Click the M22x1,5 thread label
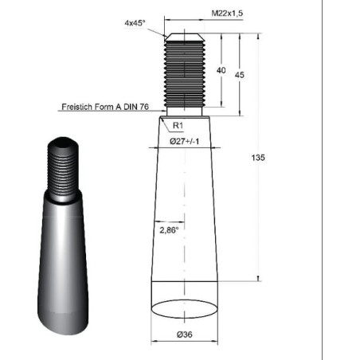(x=227, y=13)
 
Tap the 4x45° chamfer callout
(x=135, y=23)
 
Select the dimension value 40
(x=221, y=70)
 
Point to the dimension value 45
(x=239, y=75)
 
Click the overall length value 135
(x=258, y=158)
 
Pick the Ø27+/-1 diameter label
(x=184, y=141)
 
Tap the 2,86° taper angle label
(x=169, y=230)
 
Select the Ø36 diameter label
(x=185, y=335)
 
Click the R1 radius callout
(x=178, y=125)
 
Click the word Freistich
(x=77, y=107)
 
